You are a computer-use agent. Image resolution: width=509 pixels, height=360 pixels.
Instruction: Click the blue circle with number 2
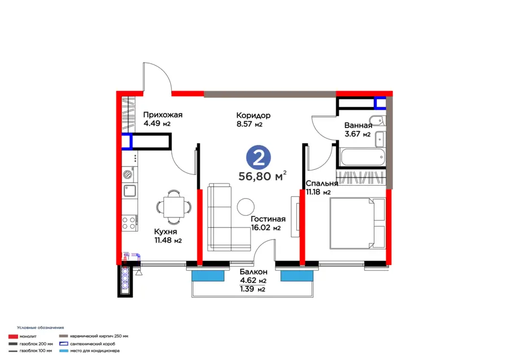[258, 157]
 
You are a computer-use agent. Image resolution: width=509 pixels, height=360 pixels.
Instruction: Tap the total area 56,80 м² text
[262, 176]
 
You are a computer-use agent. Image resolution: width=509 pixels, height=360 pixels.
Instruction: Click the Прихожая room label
[163, 115]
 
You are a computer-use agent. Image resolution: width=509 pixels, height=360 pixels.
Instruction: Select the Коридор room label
[253, 115]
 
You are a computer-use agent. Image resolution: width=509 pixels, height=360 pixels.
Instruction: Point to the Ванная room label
[358, 126]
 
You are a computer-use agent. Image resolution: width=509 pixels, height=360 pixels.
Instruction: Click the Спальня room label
[322, 183]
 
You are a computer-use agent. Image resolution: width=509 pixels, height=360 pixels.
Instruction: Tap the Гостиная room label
[268, 219]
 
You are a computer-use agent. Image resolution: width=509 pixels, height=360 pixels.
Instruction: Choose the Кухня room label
[166, 232]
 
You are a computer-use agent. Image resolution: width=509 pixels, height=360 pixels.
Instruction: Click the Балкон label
[253, 272]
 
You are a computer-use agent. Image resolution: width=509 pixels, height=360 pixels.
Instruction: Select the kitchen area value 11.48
[163, 241]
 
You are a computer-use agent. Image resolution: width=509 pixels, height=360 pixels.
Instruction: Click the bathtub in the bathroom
[363, 157]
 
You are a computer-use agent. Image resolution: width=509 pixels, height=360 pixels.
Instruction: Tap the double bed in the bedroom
[357, 223]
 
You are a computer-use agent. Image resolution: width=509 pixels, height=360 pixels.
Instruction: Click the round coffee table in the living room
[246, 207]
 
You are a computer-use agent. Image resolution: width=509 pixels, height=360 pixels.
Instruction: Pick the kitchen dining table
[174, 207]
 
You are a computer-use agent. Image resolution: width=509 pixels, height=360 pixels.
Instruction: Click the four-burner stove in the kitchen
[129, 223]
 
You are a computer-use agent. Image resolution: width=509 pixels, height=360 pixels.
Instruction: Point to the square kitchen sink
[130, 190]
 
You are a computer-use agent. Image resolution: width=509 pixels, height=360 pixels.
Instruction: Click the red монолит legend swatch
[13, 337]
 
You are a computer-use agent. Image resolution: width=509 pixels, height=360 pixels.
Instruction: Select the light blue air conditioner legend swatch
[64, 351]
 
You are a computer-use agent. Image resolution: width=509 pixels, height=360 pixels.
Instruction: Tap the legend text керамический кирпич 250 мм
[100, 336]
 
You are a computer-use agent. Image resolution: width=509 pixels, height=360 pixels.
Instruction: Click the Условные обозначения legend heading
[41, 328]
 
